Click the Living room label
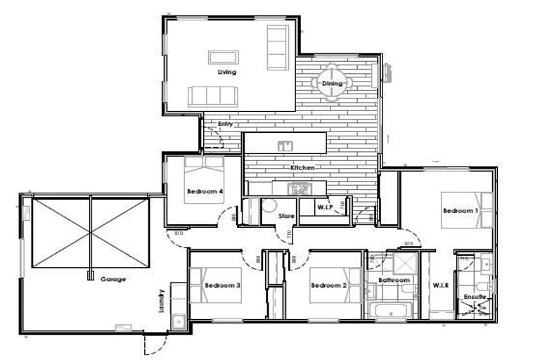(x=226, y=72)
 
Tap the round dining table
(x=332, y=83)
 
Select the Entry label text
(x=225, y=124)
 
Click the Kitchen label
(x=302, y=168)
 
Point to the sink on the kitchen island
(x=285, y=146)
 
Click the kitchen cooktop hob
(x=300, y=188)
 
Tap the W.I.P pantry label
(x=324, y=207)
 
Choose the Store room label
(x=286, y=216)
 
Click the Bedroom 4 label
(x=205, y=191)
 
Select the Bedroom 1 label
(x=461, y=210)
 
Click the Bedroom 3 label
(x=223, y=285)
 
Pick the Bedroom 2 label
(x=329, y=285)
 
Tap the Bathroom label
(x=394, y=281)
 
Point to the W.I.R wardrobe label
(x=441, y=285)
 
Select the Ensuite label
(x=475, y=297)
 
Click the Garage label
(x=112, y=279)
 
